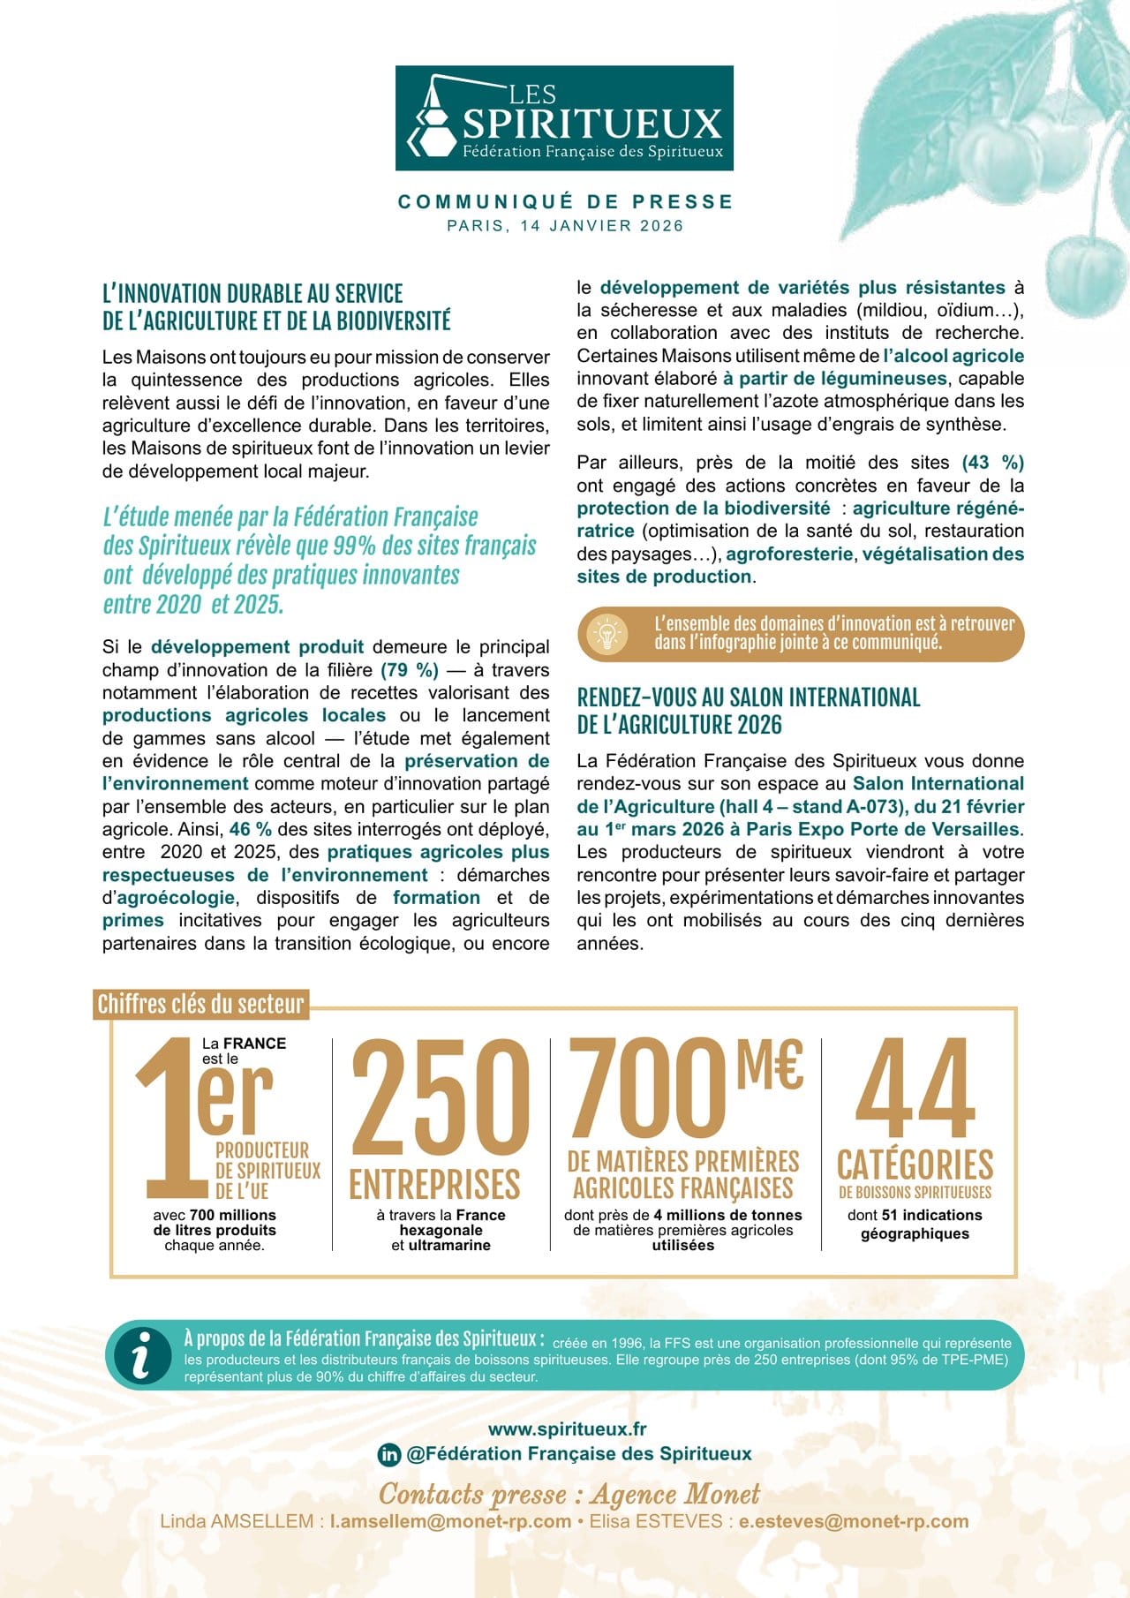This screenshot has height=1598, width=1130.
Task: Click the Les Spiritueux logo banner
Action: [x=564, y=118]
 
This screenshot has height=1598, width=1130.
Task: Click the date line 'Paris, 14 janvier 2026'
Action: [x=565, y=226]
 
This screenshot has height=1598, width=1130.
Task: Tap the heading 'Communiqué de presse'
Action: [x=565, y=202]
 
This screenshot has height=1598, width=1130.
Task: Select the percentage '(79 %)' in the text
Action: [x=410, y=670]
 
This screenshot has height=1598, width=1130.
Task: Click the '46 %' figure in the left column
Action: [x=251, y=829]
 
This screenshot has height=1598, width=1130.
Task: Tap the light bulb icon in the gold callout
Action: [x=607, y=634]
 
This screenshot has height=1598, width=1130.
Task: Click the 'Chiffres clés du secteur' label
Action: [x=200, y=1004]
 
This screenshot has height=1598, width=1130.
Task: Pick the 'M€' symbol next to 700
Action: [x=770, y=1065]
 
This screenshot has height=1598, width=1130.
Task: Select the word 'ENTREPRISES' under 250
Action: [x=435, y=1185]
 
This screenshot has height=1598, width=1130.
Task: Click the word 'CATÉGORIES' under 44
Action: [x=915, y=1165]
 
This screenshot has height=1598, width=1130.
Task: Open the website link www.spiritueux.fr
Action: [x=567, y=1428]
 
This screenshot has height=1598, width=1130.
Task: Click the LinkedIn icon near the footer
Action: [x=388, y=1454]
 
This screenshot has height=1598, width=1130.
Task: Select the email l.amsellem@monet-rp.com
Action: [x=450, y=1521]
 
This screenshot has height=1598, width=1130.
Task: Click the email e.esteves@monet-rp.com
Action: [x=854, y=1521]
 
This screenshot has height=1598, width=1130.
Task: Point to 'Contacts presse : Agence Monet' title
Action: [x=569, y=1494]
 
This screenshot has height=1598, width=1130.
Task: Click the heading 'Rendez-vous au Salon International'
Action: [x=749, y=697]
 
